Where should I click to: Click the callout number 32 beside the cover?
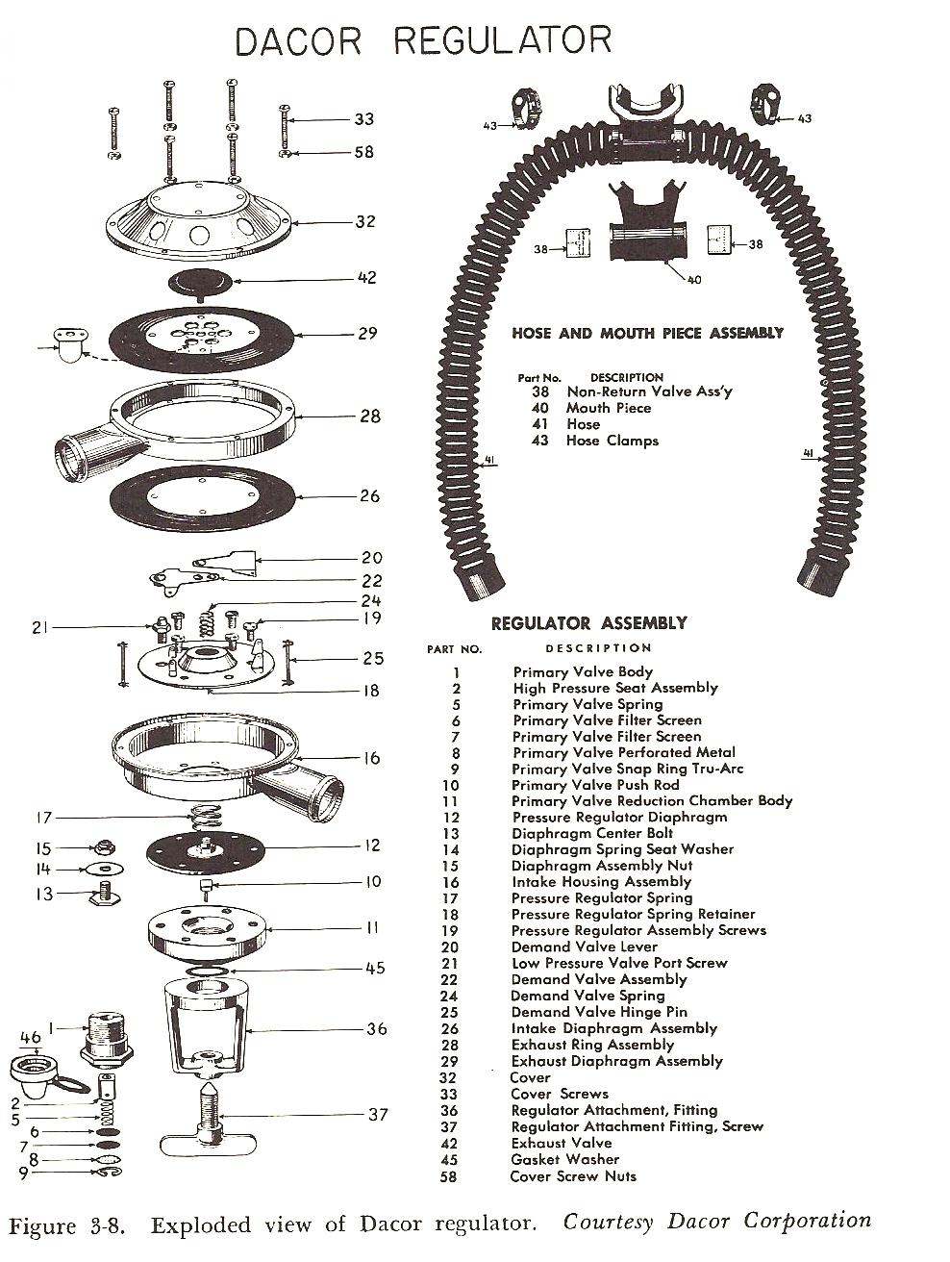[365, 221]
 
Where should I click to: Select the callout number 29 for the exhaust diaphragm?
[367, 334]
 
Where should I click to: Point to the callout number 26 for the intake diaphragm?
[369, 495]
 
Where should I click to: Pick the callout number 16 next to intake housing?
[371, 758]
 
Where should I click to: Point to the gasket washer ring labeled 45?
[208, 972]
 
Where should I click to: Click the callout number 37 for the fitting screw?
[378, 1114]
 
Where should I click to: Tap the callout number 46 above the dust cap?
[30, 1037]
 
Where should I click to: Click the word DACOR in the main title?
[298, 42]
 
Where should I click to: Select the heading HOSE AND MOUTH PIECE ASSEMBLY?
[647, 333]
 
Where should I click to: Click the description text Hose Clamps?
[612, 441]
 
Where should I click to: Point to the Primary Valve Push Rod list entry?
[595, 785]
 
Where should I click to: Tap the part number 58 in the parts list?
[448, 1176]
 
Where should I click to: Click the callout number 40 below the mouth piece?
[694, 280]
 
